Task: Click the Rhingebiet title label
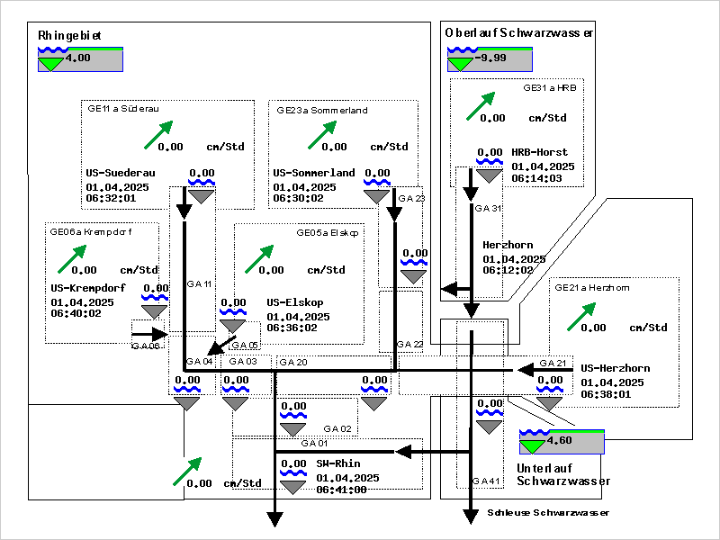70,35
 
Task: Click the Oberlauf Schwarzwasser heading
519,32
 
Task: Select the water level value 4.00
78,58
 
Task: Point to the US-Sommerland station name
314,173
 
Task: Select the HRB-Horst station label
540,153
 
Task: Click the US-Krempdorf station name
87,288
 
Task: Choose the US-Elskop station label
295,302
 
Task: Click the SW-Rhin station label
338,464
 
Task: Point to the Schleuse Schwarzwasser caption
549,513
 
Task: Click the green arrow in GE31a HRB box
481,105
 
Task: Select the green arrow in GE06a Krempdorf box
72,257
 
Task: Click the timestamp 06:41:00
341,490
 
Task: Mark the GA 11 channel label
199,284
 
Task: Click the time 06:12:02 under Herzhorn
508,269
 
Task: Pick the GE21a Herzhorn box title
591,288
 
